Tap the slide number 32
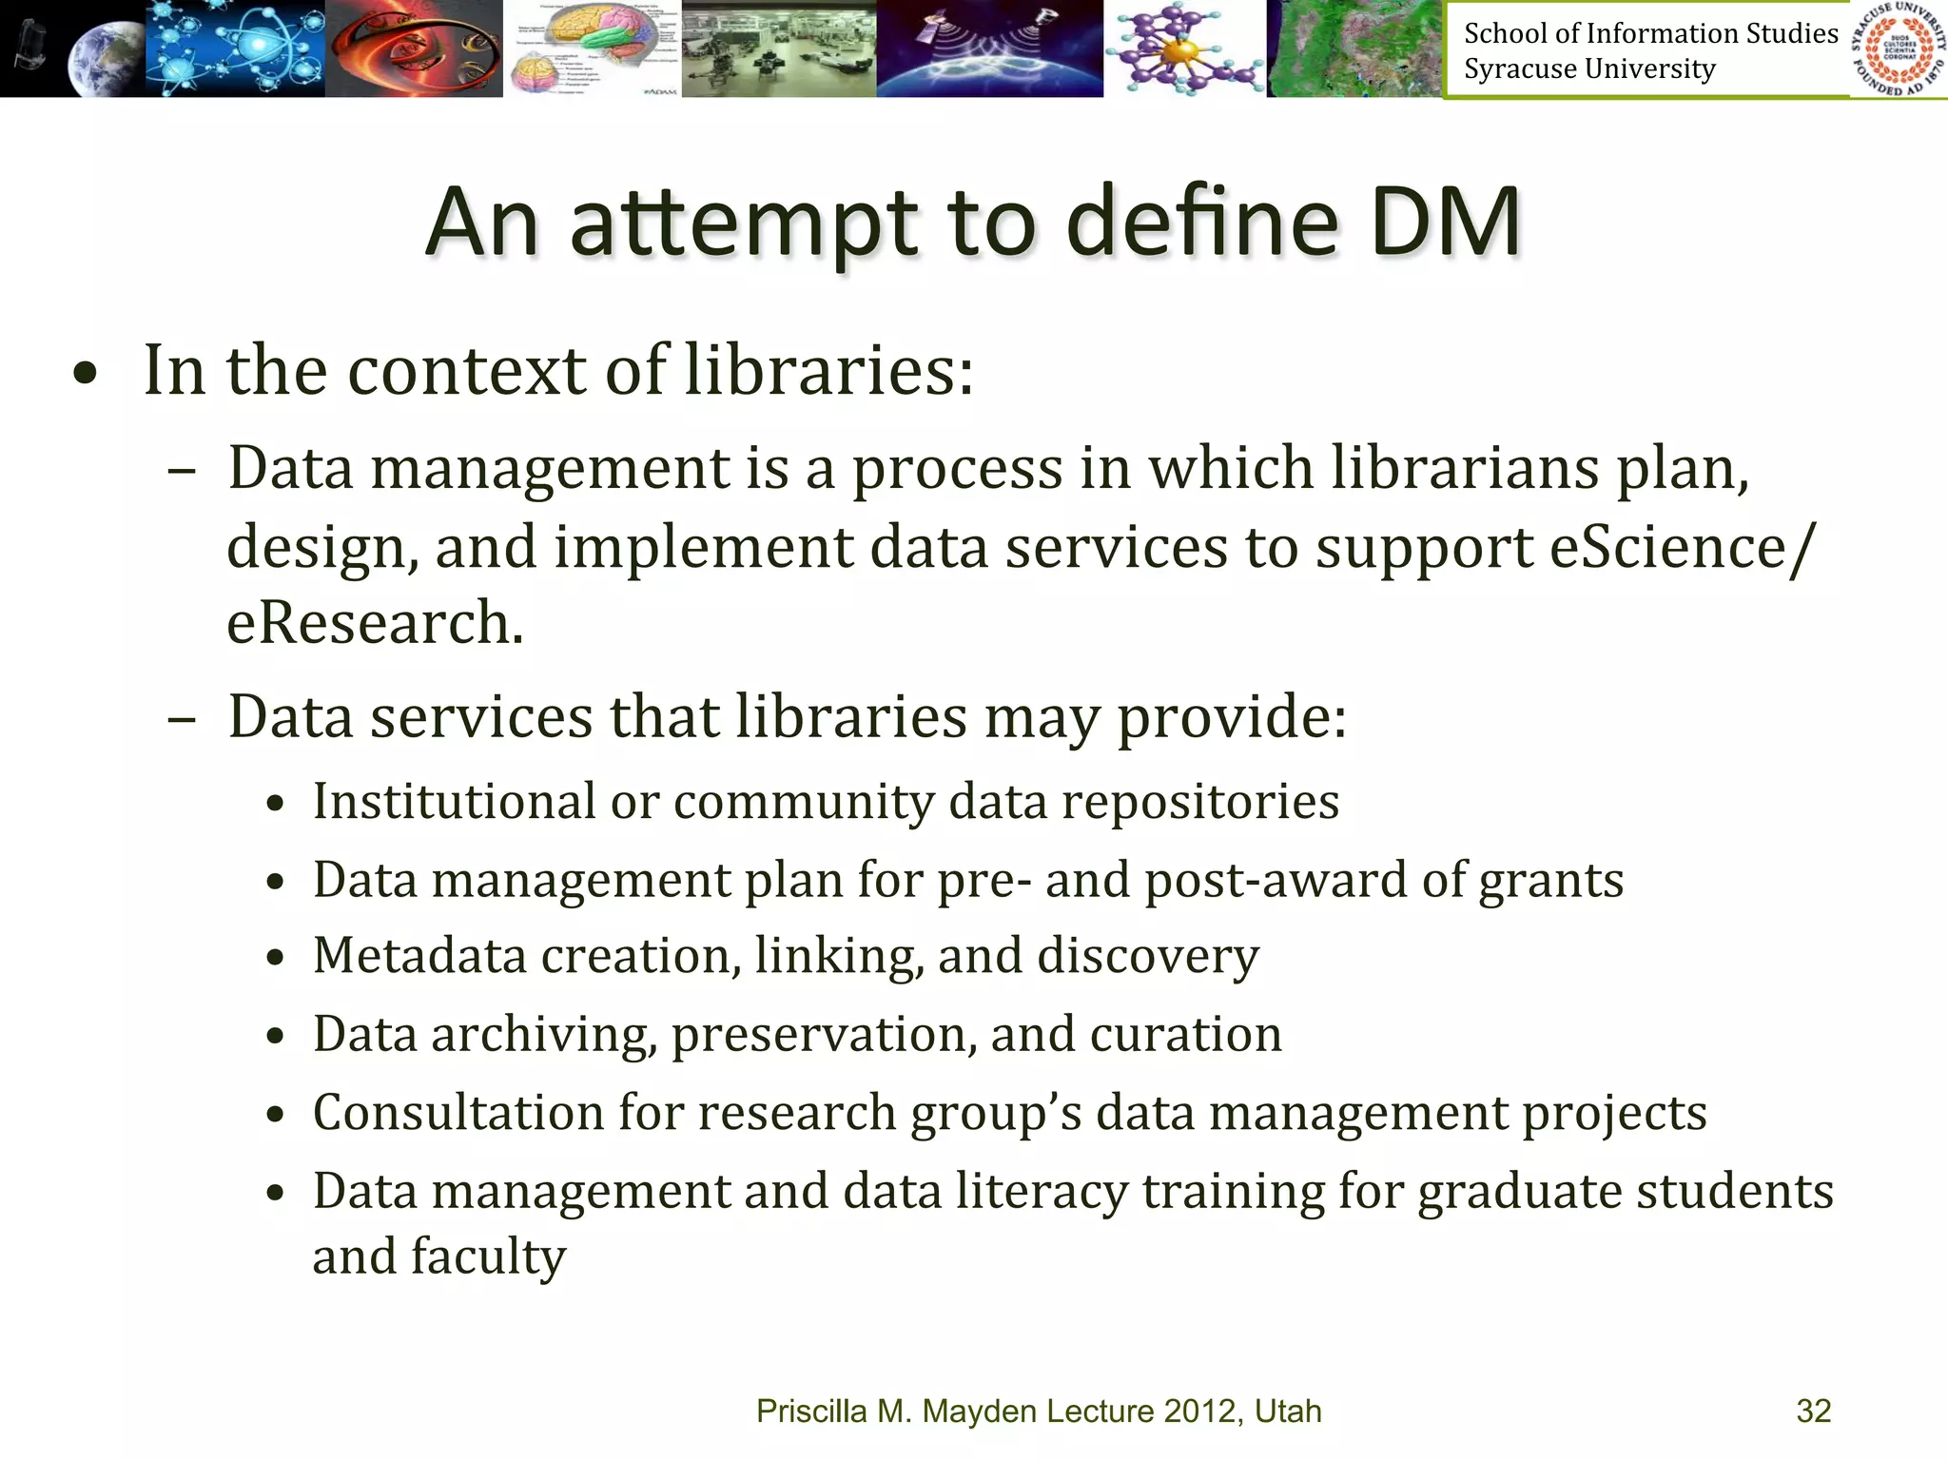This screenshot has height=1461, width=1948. [x=1813, y=1411]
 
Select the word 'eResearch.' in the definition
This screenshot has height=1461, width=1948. [x=375, y=623]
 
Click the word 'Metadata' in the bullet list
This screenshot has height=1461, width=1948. [x=419, y=956]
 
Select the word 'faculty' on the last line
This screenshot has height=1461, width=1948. [x=488, y=1257]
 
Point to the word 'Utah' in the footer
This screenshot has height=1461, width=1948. [x=1288, y=1411]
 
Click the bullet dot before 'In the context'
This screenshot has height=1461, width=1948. [x=86, y=374]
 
